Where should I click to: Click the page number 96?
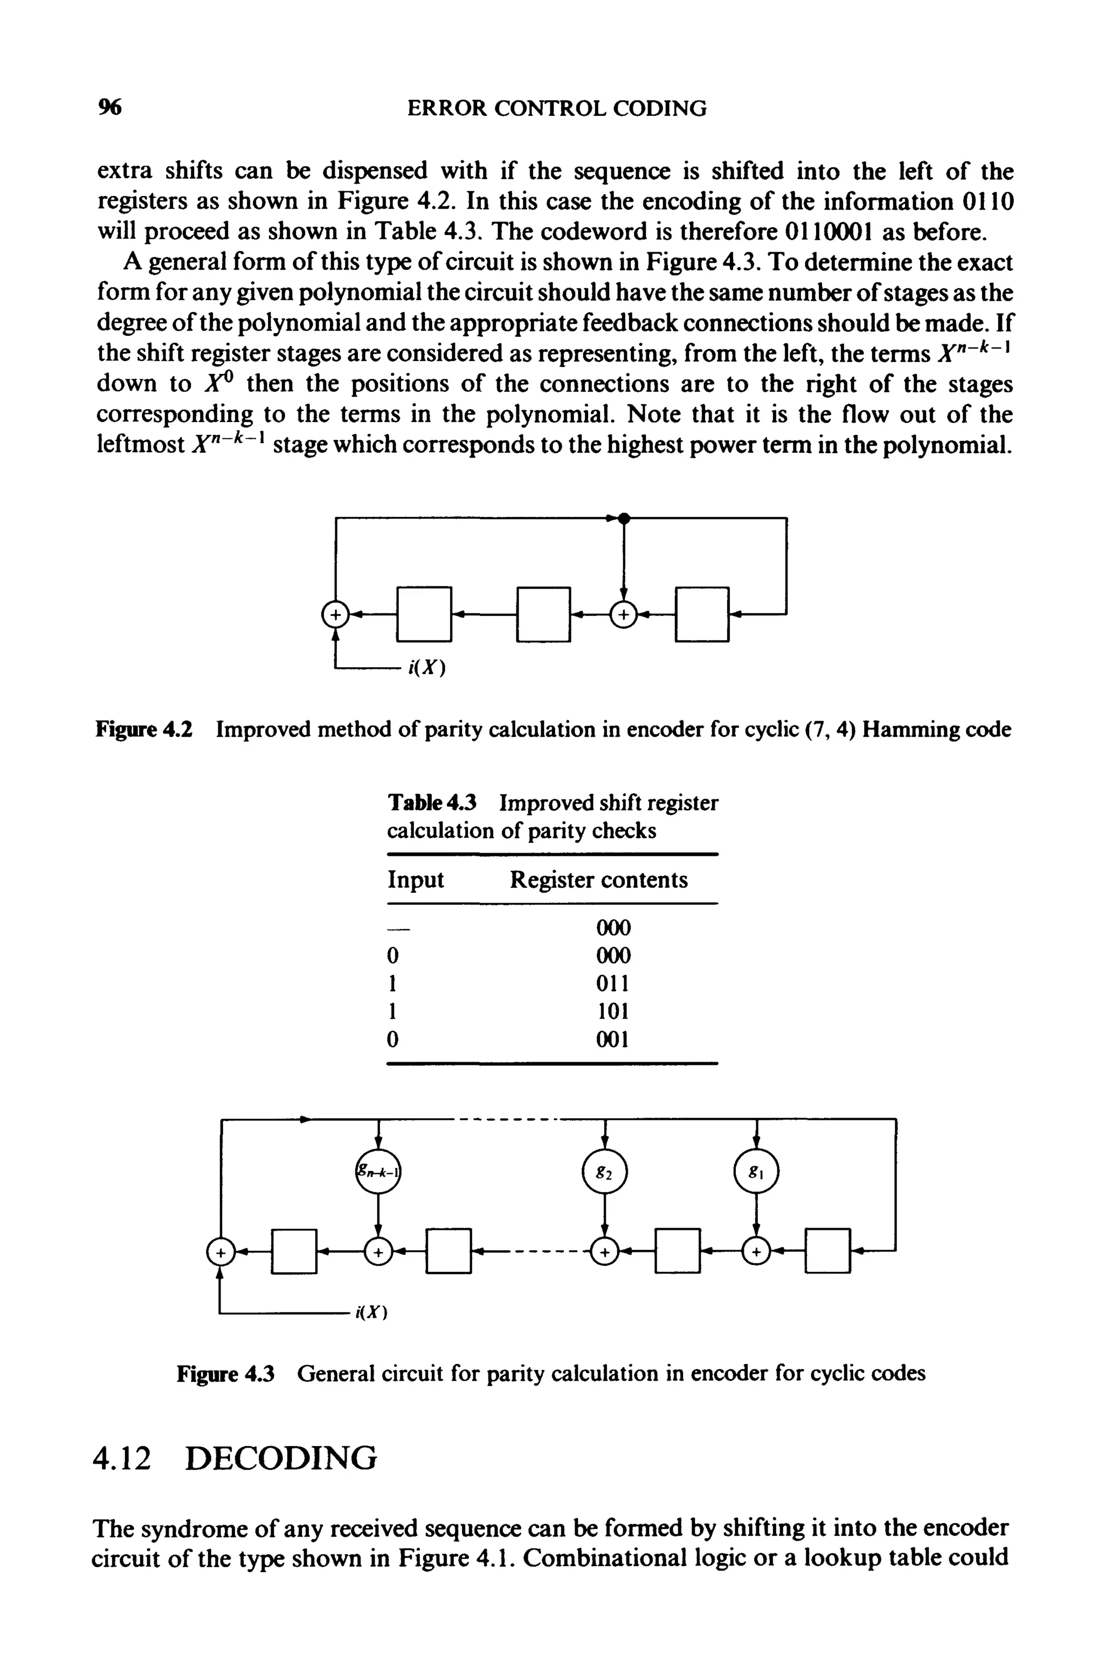(x=110, y=108)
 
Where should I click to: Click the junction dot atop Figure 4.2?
(x=623, y=518)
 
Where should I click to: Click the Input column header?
(x=416, y=880)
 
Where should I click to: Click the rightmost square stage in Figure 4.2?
(x=702, y=614)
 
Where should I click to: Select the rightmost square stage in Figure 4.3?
(x=827, y=1251)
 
